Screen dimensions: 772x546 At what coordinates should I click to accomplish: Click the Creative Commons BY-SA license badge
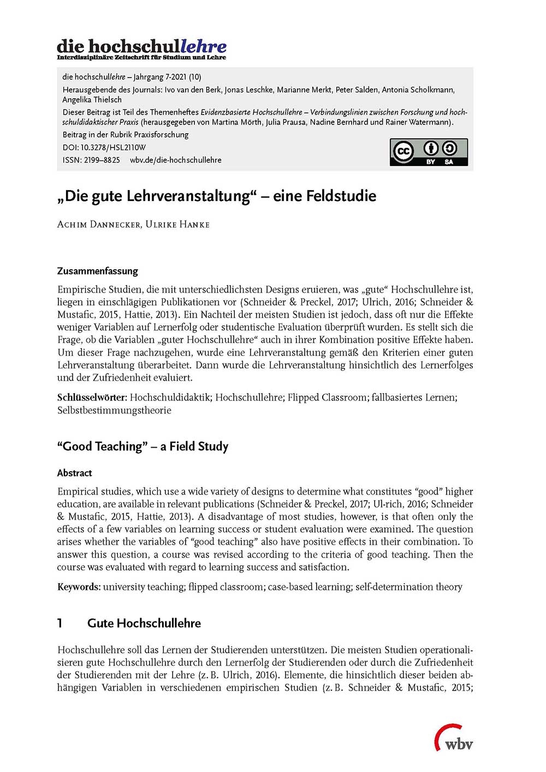(429, 152)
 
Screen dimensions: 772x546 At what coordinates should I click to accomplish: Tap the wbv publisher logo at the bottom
(454, 739)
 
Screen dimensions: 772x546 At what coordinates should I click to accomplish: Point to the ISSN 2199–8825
(102, 160)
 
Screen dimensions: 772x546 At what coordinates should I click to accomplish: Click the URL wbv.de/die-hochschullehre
(175, 160)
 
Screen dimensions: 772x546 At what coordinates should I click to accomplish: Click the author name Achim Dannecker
(98, 224)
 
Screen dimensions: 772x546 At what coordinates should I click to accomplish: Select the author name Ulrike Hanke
(177, 224)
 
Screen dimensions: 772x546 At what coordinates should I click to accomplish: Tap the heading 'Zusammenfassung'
(98, 271)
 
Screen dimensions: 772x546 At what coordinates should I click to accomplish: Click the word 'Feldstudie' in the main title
(324, 196)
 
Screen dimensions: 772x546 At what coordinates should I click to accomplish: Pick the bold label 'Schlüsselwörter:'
(92, 397)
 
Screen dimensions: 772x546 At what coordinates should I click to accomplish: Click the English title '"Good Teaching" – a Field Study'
(143, 446)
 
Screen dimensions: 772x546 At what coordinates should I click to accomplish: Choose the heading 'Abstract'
(74, 473)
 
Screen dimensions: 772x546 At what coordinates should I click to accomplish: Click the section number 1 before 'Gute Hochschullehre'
(60, 623)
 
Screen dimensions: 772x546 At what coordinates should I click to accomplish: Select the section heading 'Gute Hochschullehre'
(144, 623)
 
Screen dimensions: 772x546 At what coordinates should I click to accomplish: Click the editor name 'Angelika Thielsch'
(92, 99)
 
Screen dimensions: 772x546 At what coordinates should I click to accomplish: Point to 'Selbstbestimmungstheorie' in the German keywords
(114, 410)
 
